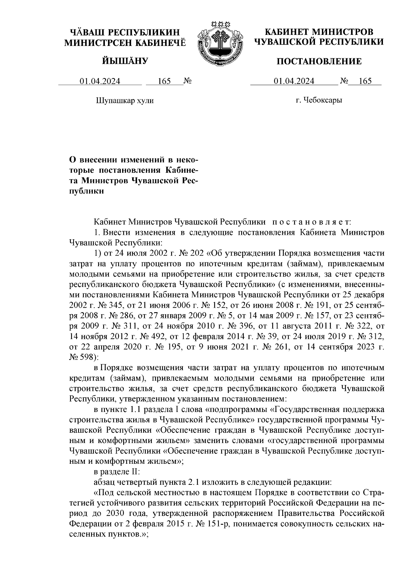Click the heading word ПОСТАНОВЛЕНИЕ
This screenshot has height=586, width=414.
319,62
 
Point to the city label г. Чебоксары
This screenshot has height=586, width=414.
319,100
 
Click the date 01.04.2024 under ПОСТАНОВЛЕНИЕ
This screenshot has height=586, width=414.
294,81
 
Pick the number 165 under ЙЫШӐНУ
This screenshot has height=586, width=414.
164,81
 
